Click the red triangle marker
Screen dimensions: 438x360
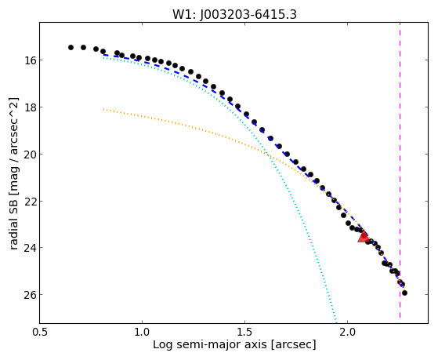(x=364, y=237)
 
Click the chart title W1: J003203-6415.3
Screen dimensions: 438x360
(x=234, y=15)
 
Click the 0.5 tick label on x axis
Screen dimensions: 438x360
(x=40, y=333)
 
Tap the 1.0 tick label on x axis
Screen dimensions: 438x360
(x=142, y=333)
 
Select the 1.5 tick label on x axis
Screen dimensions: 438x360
(x=244, y=333)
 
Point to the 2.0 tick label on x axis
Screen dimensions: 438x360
(x=347, y=333)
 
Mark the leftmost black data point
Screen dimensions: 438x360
(x=71, y=48)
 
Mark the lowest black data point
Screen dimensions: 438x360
(x=404, y=293)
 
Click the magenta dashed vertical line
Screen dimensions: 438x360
(x=400, y=170)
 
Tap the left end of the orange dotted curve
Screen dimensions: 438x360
(x=103, y=109)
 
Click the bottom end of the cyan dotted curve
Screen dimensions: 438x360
(x=336, y=322)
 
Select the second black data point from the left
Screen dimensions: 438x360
(x=83, y=48)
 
